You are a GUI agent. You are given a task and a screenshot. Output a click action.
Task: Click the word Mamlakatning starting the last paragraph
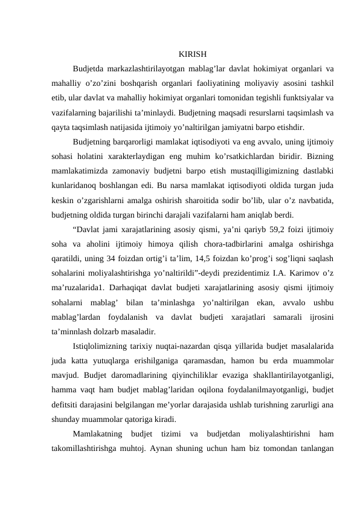pos(97,433)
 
